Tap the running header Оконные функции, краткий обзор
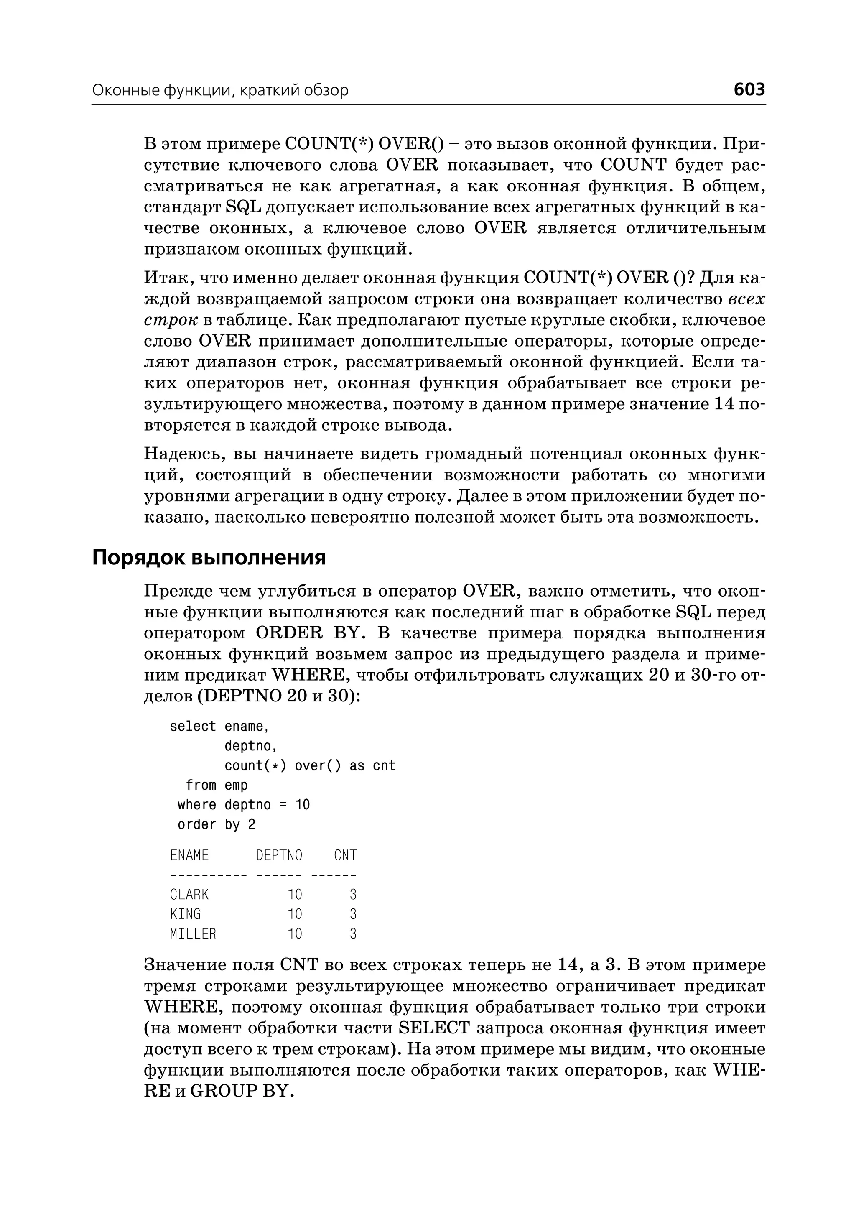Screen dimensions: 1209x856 click(220, 91)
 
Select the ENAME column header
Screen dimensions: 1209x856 click(189, 855)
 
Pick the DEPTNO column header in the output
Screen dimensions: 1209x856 click(279, 855)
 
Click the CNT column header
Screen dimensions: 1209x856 click(345, 855)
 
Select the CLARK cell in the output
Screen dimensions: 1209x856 click(189, 895)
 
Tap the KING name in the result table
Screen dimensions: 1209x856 click(185, 914)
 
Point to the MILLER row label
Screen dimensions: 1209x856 click(193, 934)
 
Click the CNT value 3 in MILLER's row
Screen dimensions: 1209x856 click(353, 934)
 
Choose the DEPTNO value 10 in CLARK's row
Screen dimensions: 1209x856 click(295, 895)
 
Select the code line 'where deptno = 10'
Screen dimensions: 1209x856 click(244, 805)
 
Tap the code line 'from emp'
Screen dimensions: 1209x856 click(216, 786)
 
